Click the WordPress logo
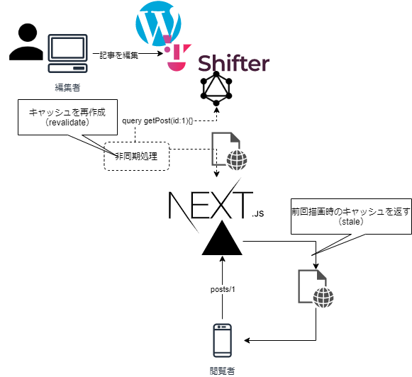[x=158, y=23]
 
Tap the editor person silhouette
[x=26, y=42]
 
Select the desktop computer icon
[x=67, y=53]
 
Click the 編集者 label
[x=67, y=87]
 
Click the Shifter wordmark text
[x=233, y=63]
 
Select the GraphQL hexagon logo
[x=216, y=89]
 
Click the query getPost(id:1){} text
[x=157, y=120]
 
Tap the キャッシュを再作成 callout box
[x=67, y=117]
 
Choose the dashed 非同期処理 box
[x=137, y=156]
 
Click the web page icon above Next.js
[x=229, y=151]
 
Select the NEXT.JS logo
[x=216, y=206]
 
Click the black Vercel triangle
[x=222, y=238]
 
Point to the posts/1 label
[x=223, y=290]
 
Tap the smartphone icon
[x=222, y=341]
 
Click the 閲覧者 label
[x=222, y=371]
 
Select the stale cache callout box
[x=351, y=216]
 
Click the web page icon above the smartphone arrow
[x=316, y=288]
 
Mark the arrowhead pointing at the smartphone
[x=247, y=341]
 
